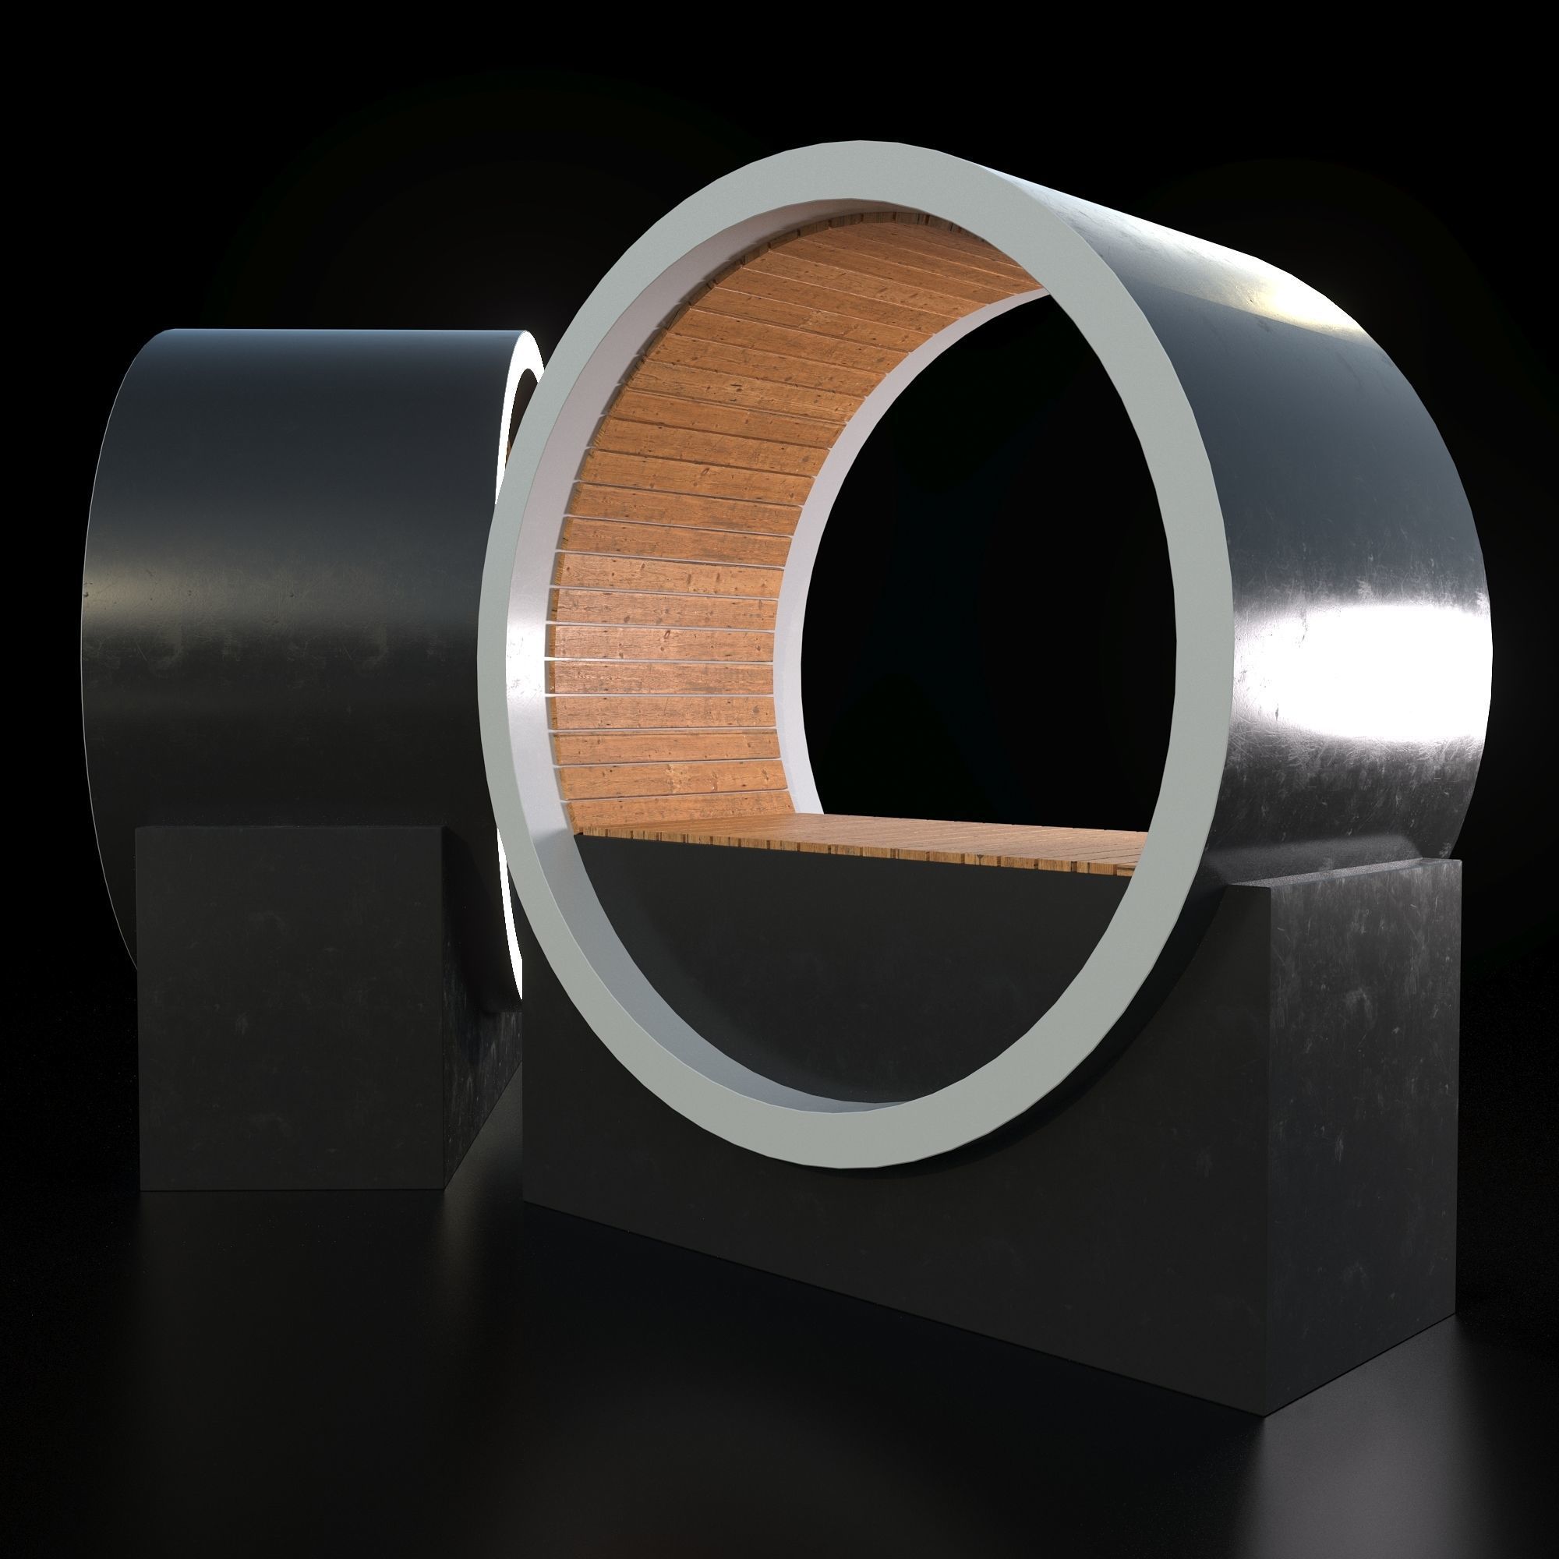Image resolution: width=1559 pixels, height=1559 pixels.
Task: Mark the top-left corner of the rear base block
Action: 139,829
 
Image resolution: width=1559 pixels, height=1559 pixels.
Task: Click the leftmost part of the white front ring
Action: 500,645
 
